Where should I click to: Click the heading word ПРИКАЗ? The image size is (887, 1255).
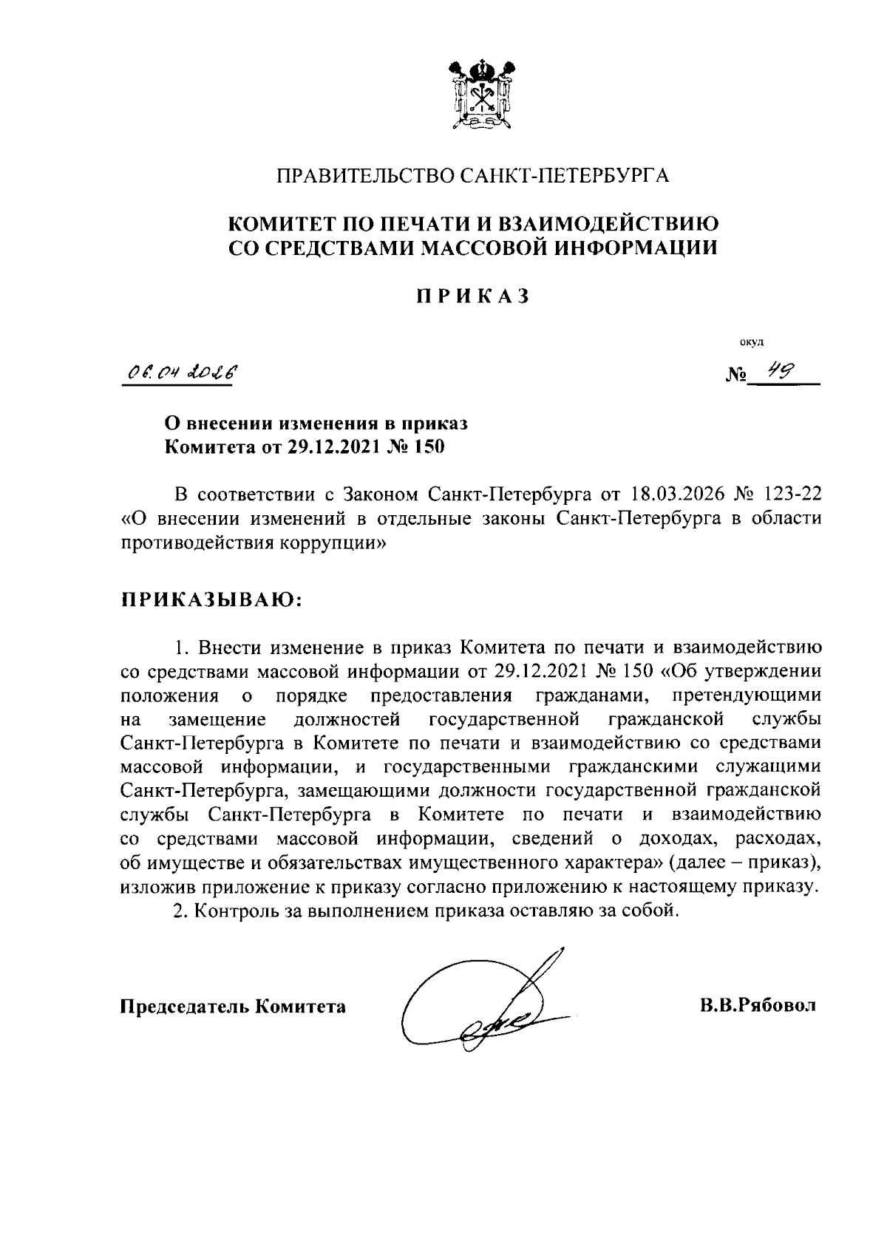472,296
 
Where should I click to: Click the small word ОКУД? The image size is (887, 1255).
753,341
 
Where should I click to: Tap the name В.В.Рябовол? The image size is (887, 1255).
758,1006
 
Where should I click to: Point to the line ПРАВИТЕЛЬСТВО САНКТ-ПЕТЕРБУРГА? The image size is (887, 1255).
472,176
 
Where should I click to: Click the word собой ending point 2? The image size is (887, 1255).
653,910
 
